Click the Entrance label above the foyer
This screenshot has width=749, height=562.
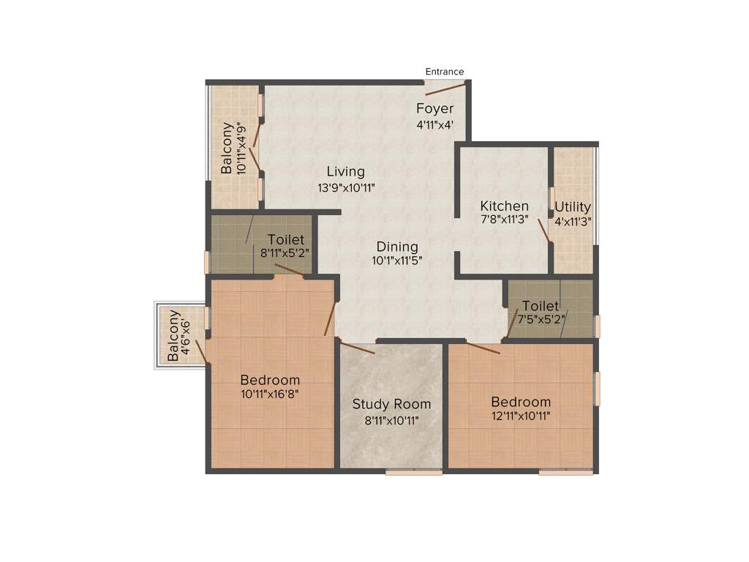(x=445, y=72)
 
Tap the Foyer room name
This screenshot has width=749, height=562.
(x=435, y=109)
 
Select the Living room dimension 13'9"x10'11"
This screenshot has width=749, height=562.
(x=346, y=187)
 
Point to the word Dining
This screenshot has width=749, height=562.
(x=397, y=247)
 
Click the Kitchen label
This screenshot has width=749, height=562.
(x=504, y=206)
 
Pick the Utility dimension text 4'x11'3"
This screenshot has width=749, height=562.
(x=573, y=220)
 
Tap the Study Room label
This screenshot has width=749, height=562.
(x=391, y=404)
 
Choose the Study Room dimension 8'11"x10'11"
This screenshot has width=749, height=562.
(x=391, y=420)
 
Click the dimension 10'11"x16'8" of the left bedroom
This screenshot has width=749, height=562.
(x=270, y=394)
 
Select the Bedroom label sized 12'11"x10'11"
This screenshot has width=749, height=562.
(x=521, y=402)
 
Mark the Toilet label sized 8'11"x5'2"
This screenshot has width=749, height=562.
(x=286, y=240)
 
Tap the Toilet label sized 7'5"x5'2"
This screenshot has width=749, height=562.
(x=541, y=306)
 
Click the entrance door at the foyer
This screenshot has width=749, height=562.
(x=446, y=89)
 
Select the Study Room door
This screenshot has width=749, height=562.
(x=358, y=348)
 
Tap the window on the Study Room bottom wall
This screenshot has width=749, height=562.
(x=414, y=473)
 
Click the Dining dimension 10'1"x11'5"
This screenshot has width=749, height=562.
(x=397, y=260)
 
